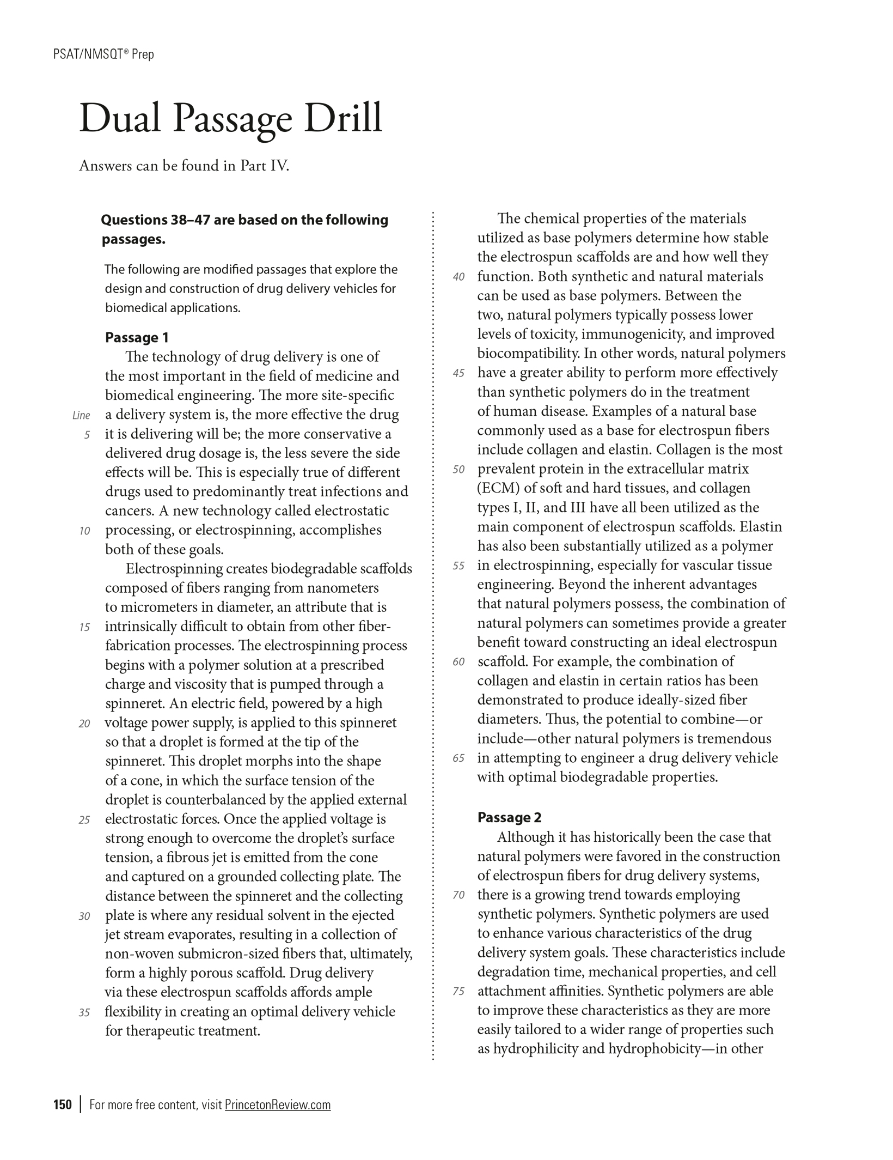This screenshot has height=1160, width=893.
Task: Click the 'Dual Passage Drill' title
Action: pyautogui.click(x=231, y=118)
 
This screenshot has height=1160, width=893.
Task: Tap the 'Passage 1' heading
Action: pyautogui.click(x=137, y=338)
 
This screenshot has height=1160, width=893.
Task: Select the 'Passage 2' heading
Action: pyautogui.click(x=509, y=817)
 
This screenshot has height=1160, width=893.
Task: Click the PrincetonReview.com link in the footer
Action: pyautogui.click(x=278, y=1104)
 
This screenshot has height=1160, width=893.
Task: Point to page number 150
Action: pyautogui.click(x=63, y=1104)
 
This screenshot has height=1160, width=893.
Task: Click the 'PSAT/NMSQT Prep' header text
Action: pyautogui.click(x=104, y=54)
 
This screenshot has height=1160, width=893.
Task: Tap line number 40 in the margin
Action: pyautogui.click(x=459, y=277)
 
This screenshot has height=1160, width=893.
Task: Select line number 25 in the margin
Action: pyautogui.click(x=84, y=820)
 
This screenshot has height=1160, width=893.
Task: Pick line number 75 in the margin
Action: pyautogui.click(x=459, y=992)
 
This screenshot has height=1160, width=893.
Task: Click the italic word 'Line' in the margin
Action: pyautogui.click(x=81, y=416)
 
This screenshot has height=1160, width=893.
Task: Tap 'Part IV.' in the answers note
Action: pyautogui.click(x=265, y=166)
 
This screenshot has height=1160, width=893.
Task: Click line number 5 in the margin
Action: pyautogui.click(x=87, y=435)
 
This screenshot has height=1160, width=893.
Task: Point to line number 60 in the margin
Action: pyautogui.click(x=459, y=662)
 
